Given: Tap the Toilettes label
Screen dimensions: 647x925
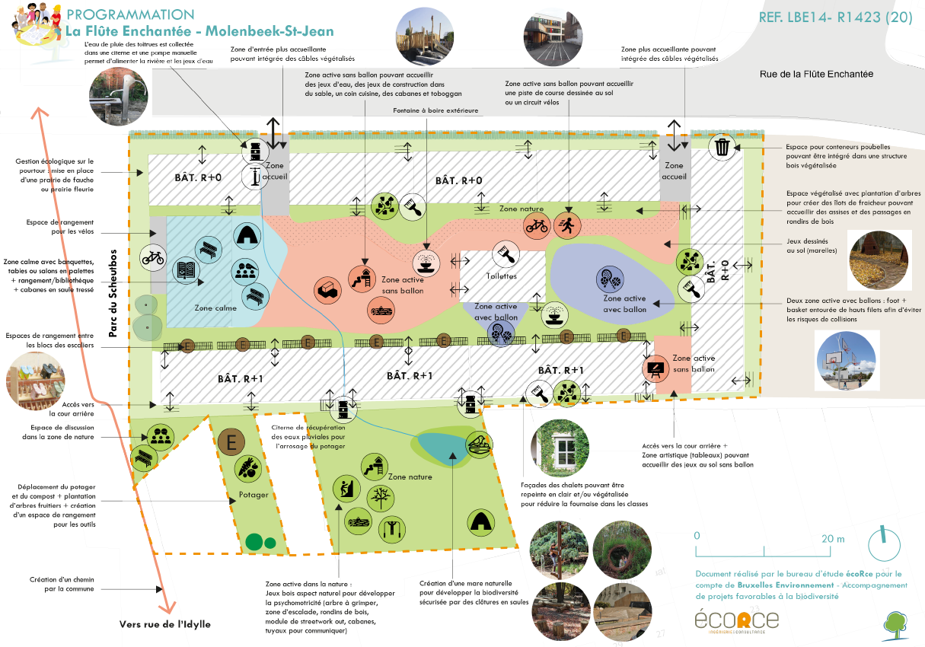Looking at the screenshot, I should coord(501,276).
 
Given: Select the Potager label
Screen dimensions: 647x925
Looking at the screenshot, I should coord(254,495).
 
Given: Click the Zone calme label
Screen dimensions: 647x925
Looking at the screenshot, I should coord(215,308).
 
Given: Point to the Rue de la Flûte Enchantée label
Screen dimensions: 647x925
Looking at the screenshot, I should coord(816,75).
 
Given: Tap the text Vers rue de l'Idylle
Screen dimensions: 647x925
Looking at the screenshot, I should coord(164,624).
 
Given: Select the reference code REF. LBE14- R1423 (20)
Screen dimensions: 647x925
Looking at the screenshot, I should coord(835,18).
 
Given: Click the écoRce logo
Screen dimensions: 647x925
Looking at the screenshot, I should coord(736,620).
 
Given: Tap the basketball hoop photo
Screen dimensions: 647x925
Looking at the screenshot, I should coord(847,361).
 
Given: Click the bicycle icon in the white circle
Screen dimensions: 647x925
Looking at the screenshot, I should coord(153,258).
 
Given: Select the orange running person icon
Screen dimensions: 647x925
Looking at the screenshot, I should coord(568,224).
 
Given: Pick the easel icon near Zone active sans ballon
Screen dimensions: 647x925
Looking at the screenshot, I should coord(653,369).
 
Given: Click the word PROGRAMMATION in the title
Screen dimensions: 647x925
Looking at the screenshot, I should coord(131,14).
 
